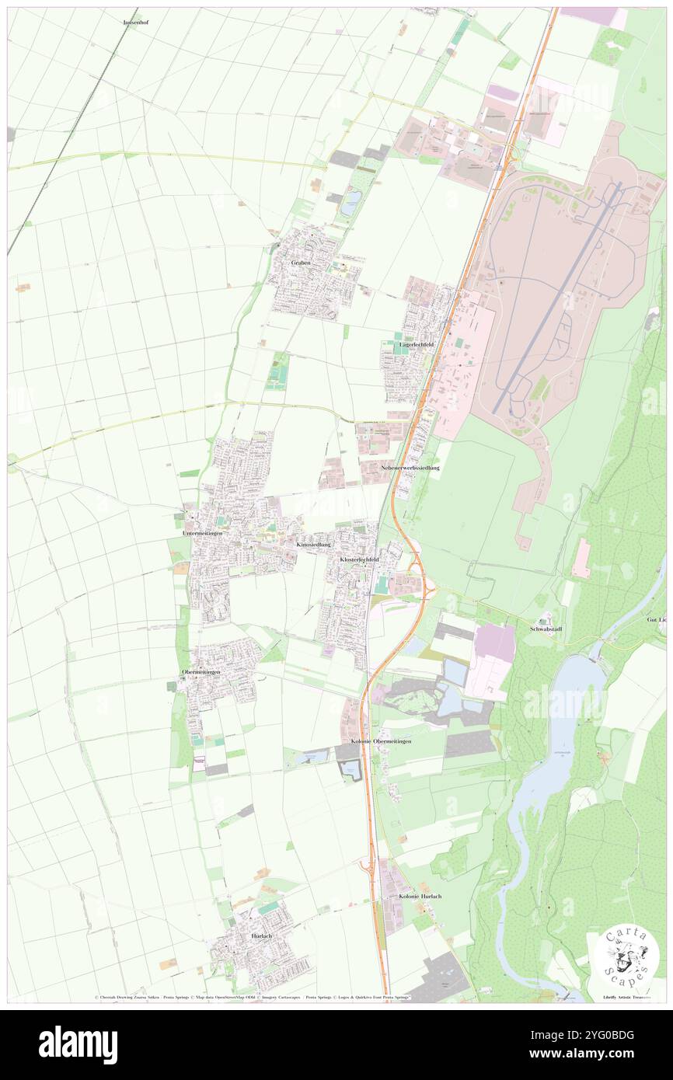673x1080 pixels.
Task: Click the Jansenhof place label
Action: pyautogui.click(x=136, y=23)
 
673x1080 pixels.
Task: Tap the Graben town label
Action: pyautogui.click(x=301, y=263)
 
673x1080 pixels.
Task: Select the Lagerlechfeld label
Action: pyautogui.click(x=417, y=343)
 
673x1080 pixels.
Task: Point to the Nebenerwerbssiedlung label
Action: pyautogui.click(x=410, y=468)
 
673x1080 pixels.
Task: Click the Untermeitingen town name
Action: pyautogui.click(x=202, y=534)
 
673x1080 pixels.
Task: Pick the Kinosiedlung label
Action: pyautogui.click(x=314, y=545)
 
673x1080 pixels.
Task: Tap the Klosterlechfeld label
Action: pyautogui.click(x=359, y=559)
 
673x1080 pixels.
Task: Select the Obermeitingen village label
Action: pyautogui.click(x=201, y=671)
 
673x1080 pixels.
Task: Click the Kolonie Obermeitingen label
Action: pyautogui.click(x=381, y=741)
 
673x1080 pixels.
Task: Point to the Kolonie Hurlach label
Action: pyautogui.click(x=420, y=896)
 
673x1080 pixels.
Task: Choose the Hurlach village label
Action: pyautogui.click(x=262, y=936)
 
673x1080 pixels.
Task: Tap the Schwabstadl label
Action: pyautogui.click(x=546, y=628)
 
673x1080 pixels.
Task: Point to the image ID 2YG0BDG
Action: pyautogui.click(x=600, y=1035)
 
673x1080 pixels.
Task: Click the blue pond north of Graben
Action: pyautogui.click(x=350, y=204)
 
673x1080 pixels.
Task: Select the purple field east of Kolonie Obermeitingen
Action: pyautogui.click(x=496, y=643)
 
